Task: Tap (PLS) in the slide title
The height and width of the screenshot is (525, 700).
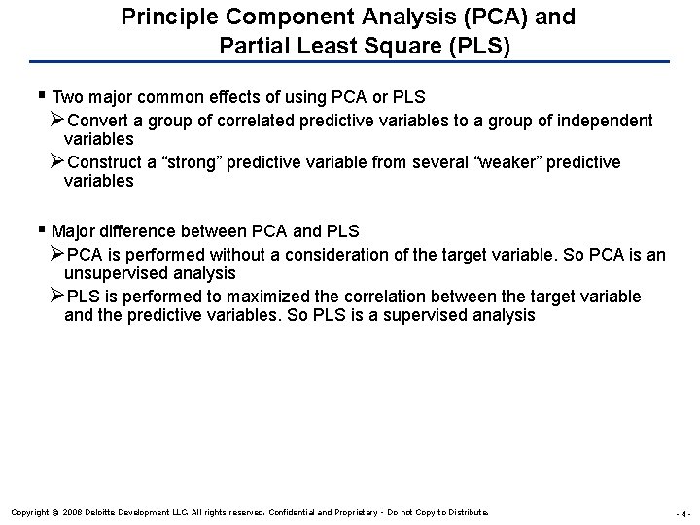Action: coord(479,45)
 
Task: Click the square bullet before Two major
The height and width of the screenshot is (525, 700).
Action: coord(44,97)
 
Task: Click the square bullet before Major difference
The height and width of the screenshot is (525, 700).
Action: coord(44,231)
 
